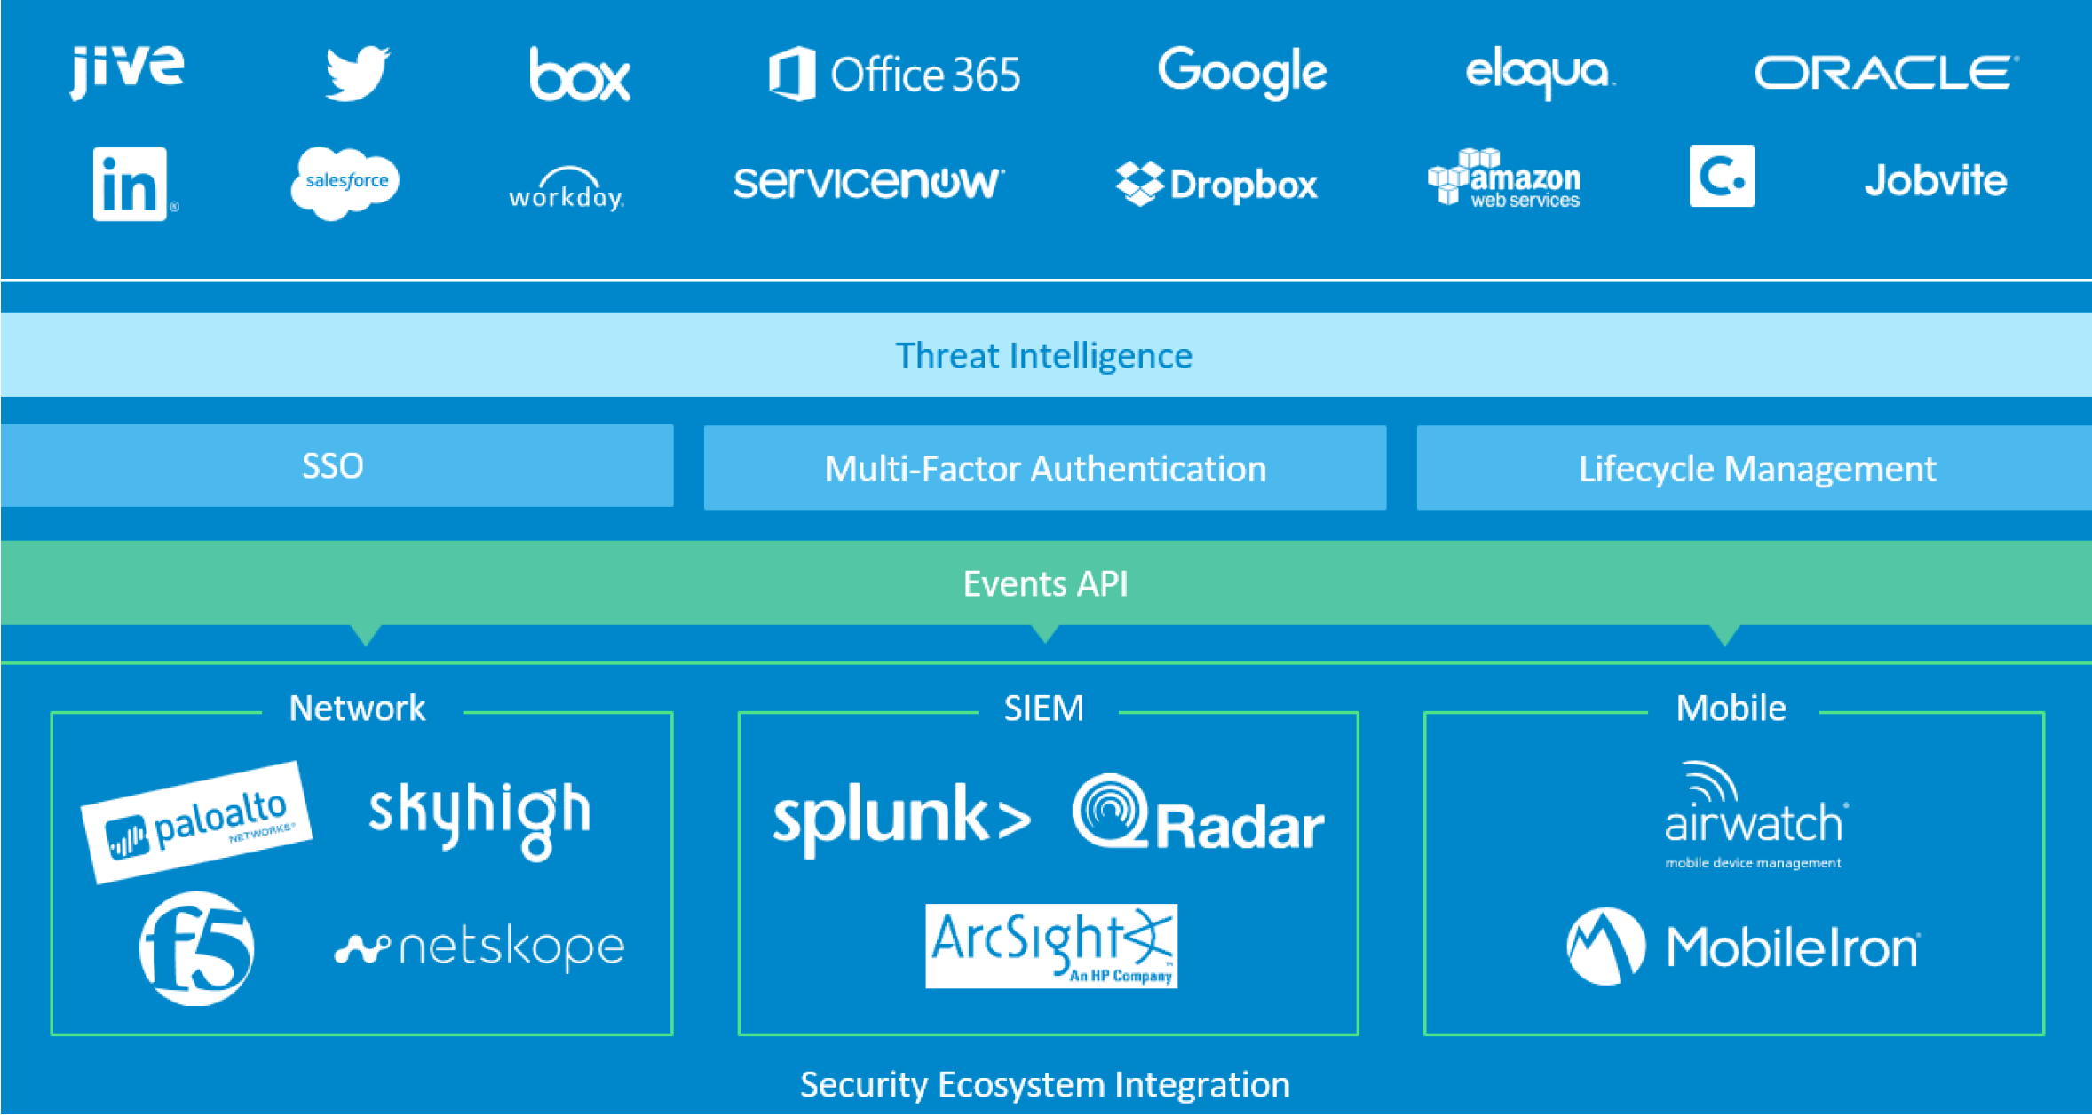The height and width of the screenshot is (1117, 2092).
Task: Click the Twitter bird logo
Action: (357, 73)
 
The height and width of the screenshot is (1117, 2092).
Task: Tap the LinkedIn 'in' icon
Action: (131, 183)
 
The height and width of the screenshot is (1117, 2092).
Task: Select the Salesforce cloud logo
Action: (345, 182)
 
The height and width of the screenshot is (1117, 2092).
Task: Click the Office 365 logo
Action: (895, 74)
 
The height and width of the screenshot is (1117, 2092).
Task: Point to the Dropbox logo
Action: (1216, 184)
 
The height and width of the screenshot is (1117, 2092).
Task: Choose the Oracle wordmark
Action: (1885, 73)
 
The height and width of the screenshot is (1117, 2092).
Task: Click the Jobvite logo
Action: (1935, 181)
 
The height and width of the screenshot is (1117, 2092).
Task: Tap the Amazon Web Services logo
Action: (1504, 179)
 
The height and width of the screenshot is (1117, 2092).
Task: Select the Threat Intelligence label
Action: (1043, 356)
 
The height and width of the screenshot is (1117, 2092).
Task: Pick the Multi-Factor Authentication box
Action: (1045, 469)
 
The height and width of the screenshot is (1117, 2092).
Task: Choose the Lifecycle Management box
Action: (1755, 469)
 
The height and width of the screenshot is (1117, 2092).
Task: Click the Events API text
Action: (1045, 584)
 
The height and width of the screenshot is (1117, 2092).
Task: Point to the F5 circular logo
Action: (197, 948)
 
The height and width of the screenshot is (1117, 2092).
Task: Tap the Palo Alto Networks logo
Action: (197, 822)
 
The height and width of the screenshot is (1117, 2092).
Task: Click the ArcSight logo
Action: (1051, 947)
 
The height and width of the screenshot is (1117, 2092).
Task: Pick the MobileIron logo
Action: (1743, 947)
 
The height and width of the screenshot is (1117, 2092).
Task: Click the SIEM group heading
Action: (1043, 709)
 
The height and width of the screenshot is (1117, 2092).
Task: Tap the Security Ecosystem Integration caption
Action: (1045, 1085)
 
